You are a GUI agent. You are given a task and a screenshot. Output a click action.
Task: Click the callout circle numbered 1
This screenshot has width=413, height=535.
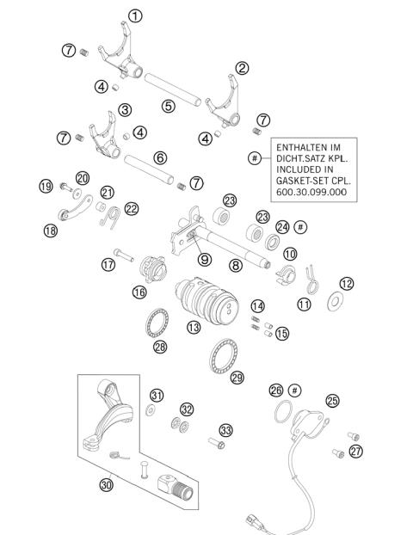[136, 15]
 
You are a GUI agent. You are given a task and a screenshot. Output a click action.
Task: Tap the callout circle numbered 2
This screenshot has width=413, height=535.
[243, 68]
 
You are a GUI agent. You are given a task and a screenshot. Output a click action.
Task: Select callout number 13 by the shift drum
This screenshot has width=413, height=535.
[194, 327]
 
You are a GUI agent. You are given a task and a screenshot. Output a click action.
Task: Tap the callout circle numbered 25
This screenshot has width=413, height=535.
[331, 400]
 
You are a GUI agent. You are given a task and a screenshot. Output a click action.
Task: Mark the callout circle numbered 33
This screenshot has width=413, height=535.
[225, 428]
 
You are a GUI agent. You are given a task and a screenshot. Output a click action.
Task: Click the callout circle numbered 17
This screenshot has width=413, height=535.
[108, 266]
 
